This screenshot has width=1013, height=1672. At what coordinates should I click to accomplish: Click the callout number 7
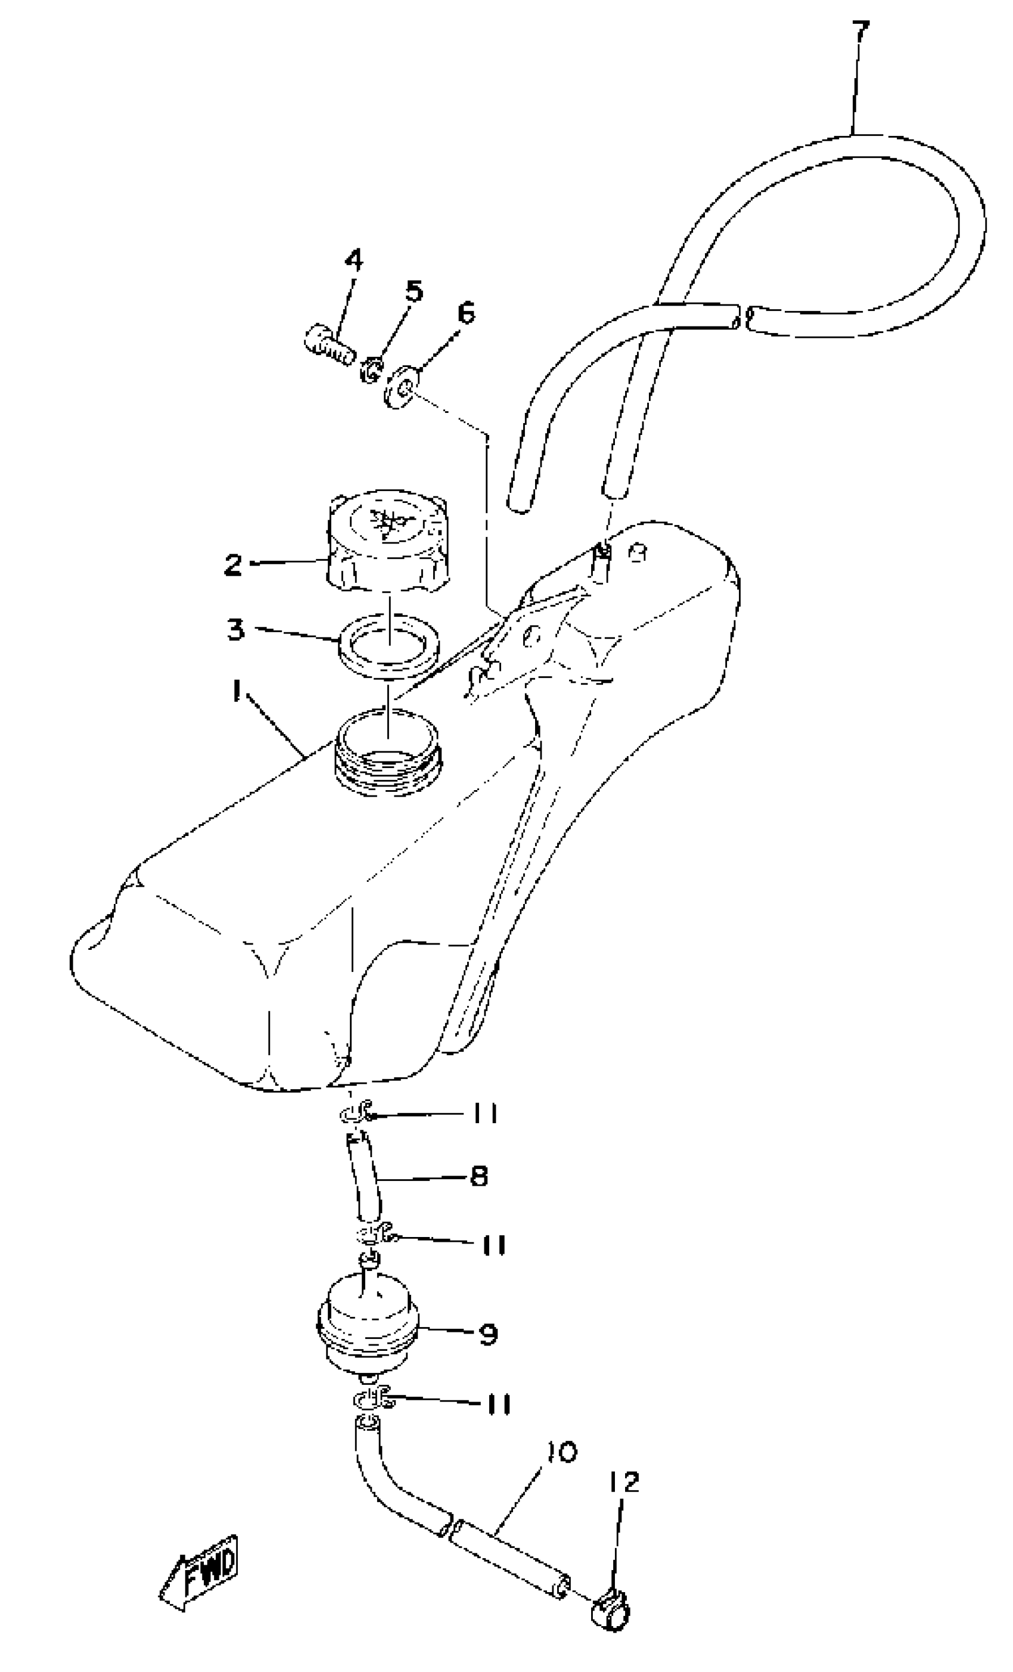click(860, 33)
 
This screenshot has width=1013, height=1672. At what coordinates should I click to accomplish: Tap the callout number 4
click(353, 260)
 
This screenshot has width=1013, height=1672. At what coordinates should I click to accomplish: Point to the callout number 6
click(466, 313)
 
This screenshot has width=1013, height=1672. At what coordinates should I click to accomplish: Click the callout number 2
click(234, 564)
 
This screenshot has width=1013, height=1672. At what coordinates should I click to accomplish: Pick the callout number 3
click(235, 630)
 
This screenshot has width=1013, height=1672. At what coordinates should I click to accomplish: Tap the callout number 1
click(236, 693)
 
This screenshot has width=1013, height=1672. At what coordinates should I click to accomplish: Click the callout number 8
click(479, 1177)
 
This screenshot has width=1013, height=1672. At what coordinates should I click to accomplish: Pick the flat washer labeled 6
click(401, 389)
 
